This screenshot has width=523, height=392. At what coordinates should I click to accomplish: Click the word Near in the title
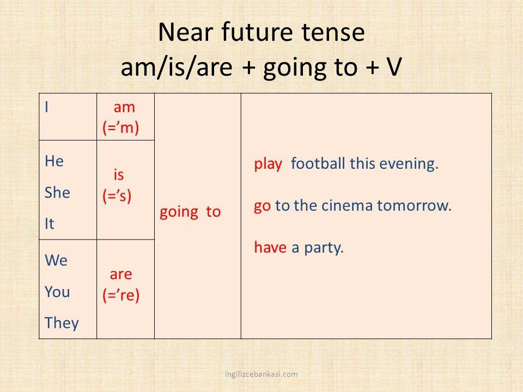click(185, 32)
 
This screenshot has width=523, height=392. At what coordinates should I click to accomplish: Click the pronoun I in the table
click(47, 107)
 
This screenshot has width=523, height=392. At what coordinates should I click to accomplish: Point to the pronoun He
click(54, 161)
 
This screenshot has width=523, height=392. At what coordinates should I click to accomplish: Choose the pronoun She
click(57, 193)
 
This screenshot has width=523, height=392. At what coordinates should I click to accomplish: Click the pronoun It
click(50, 224)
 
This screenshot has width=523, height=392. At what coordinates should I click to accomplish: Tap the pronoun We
click(56, 260)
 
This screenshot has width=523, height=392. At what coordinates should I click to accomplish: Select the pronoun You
click(57, 292)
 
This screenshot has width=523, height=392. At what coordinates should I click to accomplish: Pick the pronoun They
click(62, 323)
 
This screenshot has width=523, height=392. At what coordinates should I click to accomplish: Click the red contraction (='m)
click(121, 127)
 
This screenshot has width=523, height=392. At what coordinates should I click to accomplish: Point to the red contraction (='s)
click(117, 195)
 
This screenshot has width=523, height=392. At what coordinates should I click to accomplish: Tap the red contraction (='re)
click(121, 295)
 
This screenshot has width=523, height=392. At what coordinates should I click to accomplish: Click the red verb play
click(268, 164)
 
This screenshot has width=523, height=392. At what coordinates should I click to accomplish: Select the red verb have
click(270, 247)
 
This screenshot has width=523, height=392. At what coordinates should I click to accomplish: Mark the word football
click(318, 163)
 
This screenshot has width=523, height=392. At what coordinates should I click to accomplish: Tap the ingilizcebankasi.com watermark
click(261, 374)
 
